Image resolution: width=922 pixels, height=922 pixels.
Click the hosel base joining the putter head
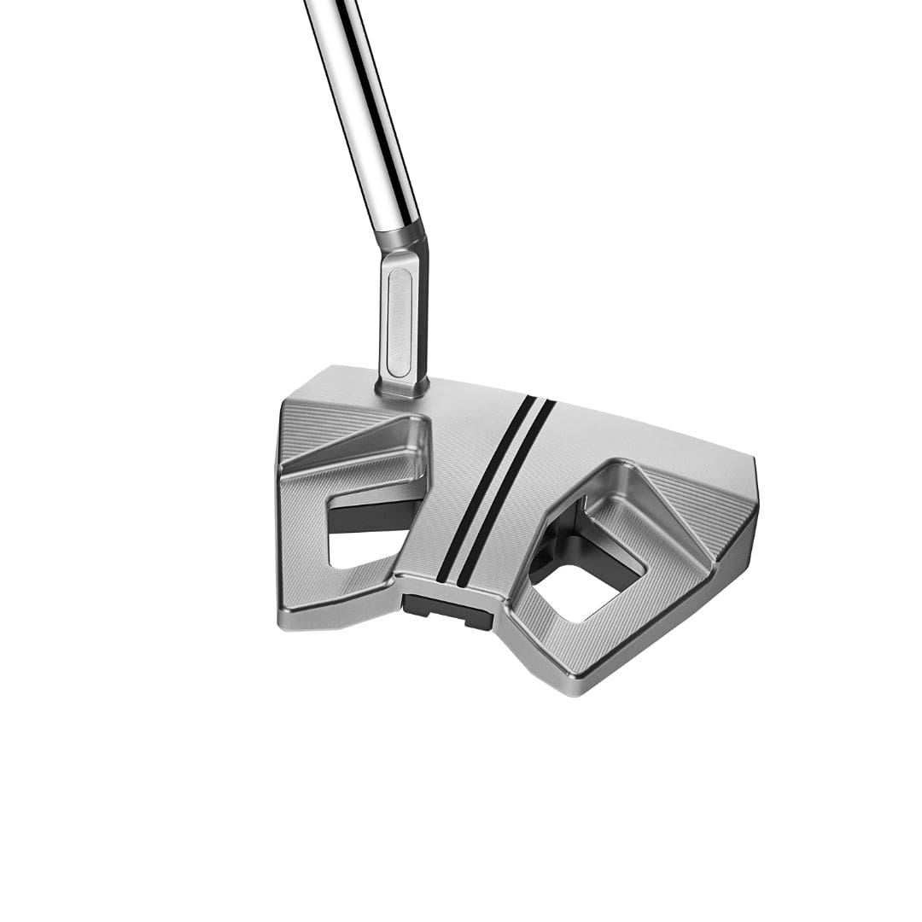(x=402, y=387)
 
